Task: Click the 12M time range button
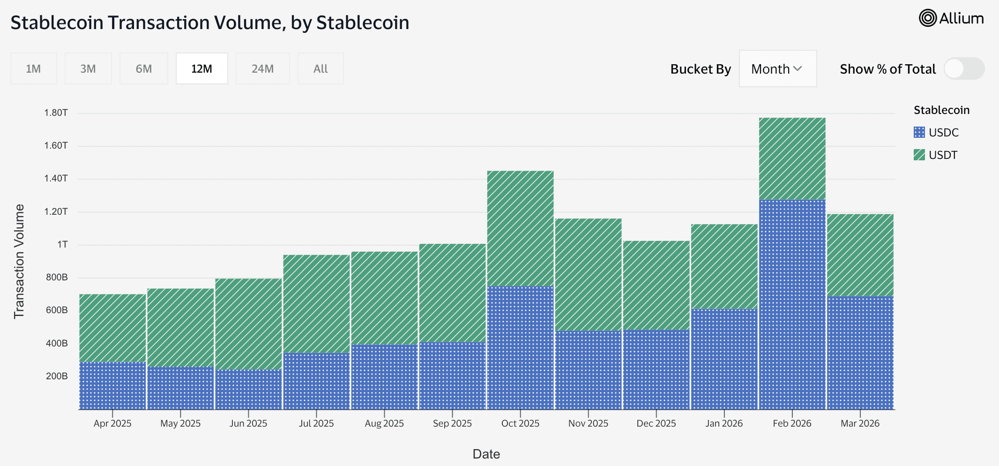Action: [x=201, y=69]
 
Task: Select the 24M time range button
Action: [x=262, y=69]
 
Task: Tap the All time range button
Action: [x=321, y=69]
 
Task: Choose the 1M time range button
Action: [x=33, y=69]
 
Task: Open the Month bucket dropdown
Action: [x=777, y=69]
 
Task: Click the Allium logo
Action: [x=951, y=18]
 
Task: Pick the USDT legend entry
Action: [x=942, y=155]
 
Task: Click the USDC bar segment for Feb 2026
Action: [x=792, y=305]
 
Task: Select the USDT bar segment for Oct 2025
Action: [x=520, y=228]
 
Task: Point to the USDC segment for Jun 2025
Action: [x=248, y=389]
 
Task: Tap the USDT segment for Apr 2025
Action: [x=112, y=328]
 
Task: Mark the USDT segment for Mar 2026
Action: [x=860, y=255]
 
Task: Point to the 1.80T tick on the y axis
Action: [x=56, y=113]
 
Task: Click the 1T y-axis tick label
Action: [x=62, y=244]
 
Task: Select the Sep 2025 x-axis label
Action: [x=452, y=423]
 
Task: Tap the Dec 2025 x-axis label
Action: [x=656, y=423]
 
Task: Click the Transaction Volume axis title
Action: [x=19, y=262]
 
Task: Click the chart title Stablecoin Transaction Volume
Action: [x=209, y=23]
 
